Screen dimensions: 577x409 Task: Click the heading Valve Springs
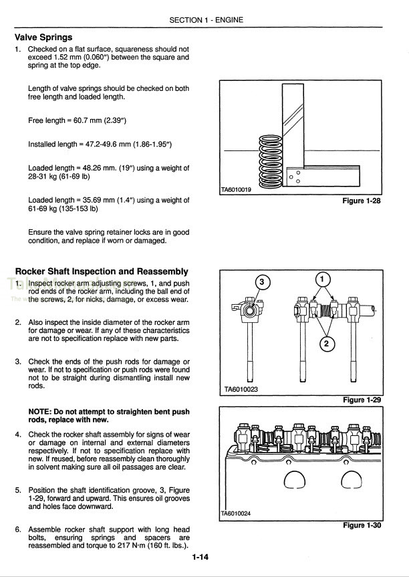[43, 37]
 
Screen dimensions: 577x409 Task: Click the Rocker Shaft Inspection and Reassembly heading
[102, 271]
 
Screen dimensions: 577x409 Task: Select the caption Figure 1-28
[361, 201]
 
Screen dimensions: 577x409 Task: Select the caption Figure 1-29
[361, 399]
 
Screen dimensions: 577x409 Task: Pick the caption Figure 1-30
[361, 525]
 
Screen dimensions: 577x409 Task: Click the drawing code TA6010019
[236, 190]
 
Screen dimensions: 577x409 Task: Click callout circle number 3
[261, 283]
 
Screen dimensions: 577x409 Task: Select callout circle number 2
[326, 344]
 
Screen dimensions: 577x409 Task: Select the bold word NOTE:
[42, 411]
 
